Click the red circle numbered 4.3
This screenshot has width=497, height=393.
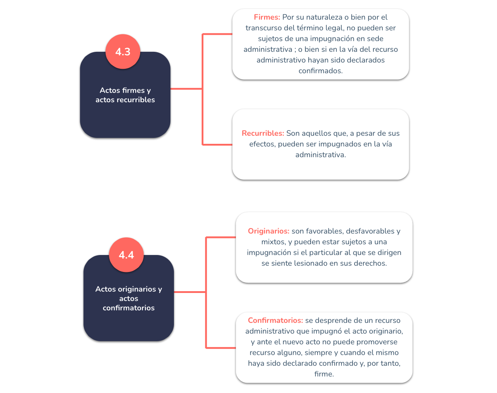coord(123,51)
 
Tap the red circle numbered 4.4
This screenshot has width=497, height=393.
coord(126,255)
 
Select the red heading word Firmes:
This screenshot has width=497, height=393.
coord(267,17)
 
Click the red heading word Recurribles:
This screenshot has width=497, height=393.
coord(263,133)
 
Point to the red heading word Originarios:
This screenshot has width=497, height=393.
coord(269,231)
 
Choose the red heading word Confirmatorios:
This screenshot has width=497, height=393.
coord(275,320)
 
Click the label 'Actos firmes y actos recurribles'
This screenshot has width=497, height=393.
coord(125,95)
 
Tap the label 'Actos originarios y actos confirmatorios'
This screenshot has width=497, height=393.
coord(128,298)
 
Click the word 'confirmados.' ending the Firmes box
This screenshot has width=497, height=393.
coord(320,71)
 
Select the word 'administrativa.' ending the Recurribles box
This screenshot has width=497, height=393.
coord(320,155)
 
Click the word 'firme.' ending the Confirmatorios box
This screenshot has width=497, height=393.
coord(324,374)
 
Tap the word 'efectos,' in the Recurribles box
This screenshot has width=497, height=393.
coord(262,144)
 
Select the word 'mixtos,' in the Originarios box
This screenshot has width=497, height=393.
coord(273,242)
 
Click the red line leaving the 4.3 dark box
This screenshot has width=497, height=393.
coord(186,89)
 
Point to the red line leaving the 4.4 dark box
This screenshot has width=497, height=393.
coord(190,292)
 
